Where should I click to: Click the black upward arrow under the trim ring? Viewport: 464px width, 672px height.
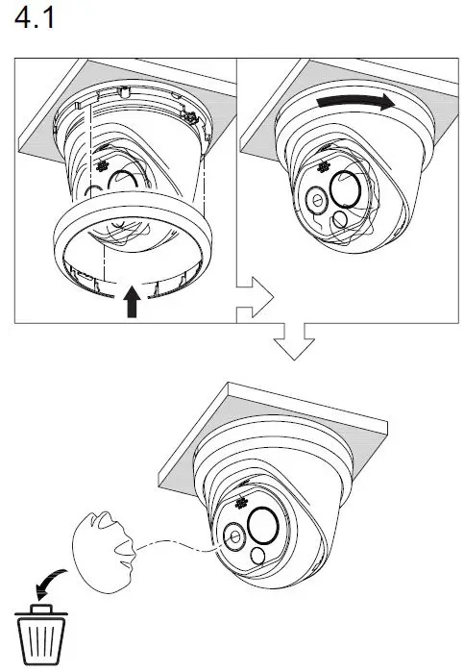pos(131,304)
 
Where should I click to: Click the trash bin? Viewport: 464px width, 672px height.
pos(39,637)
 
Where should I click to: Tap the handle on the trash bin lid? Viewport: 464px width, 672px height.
pos(39,609)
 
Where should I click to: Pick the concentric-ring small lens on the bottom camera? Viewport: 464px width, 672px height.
pos(232,537)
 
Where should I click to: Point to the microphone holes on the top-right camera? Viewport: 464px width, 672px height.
pos(319,168)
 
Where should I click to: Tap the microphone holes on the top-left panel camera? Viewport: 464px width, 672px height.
pos(99,164)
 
